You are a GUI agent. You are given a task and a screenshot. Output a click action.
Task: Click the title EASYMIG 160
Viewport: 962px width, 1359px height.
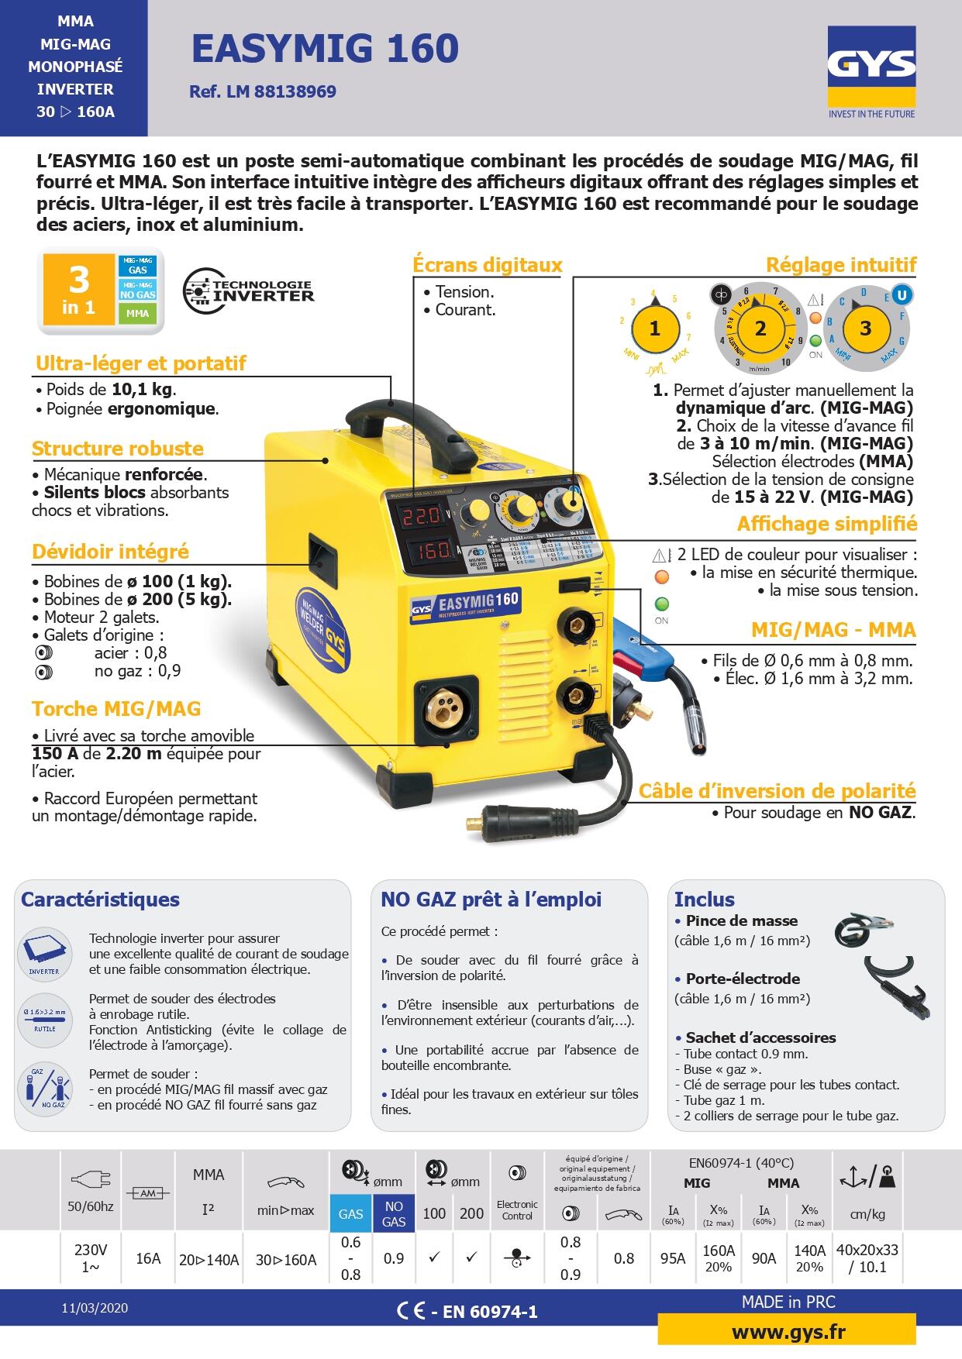tap(325, 48)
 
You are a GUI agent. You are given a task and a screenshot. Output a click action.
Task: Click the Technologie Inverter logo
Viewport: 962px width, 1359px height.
tap(249, 291)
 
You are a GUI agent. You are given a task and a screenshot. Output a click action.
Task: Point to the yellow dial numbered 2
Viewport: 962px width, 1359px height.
tap(760, 329)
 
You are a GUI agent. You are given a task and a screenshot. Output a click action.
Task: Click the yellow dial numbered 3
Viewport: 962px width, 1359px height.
tap(866, 329)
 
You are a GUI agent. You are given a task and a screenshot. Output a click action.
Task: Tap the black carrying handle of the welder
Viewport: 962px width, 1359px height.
tap(403, 422)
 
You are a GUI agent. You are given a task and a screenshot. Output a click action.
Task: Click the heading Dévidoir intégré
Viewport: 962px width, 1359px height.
tap(110, 552)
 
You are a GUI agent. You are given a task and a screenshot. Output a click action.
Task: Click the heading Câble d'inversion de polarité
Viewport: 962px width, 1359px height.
tap(777, 791)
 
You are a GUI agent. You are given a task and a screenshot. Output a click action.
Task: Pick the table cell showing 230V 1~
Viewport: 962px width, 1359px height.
tap(91, 1258)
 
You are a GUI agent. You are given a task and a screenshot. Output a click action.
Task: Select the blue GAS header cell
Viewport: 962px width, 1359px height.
tap(350, 1213)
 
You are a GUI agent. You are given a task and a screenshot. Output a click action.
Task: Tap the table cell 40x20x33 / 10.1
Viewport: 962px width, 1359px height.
tap(867, 1258)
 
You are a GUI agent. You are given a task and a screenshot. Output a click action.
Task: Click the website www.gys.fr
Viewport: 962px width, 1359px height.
tap(788, 1332)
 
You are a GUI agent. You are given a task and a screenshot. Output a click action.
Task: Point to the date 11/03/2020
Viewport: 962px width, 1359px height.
tap(95, 1308)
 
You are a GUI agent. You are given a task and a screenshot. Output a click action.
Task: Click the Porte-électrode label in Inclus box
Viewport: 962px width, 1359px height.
tap(742, 979)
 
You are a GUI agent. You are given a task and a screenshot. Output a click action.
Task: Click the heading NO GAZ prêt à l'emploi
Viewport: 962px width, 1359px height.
tap(491, 900)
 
